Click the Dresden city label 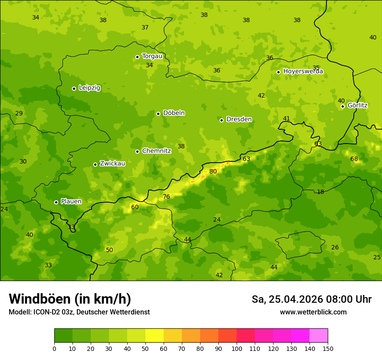(239, 119)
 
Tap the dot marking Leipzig (74, 88)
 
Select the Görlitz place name (357, 105)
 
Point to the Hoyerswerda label (303, 72)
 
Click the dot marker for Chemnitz (138, 151)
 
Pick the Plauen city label (71, 202)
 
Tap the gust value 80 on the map (213, 172)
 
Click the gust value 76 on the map (166, 197)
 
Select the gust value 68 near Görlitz (354, 159)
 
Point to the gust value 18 (320, 192)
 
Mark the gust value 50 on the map (109, 250)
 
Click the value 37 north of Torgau (145, 28)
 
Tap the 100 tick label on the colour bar (237, 348)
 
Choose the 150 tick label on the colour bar (328, 348)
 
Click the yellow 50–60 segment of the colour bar (155, 336)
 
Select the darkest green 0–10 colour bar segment (63, 336)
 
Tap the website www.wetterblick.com (313, 312)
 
